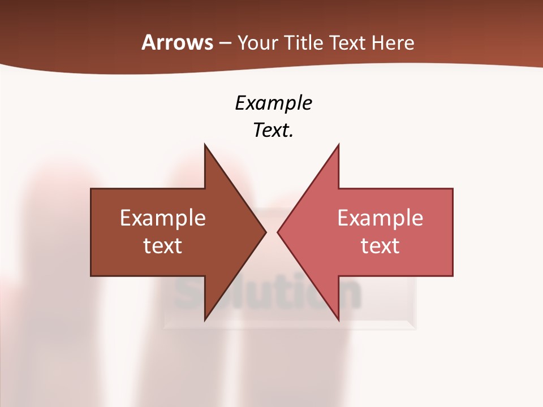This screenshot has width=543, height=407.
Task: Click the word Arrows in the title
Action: pyautogui.click(x=176, y=42)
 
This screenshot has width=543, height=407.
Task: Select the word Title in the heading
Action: pyautogui.click(x=304, y=43)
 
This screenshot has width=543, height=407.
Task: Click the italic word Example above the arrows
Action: pyautogui.click(x=273, y=103)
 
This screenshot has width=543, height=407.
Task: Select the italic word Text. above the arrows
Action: pyautogui.click(x=273, y=131)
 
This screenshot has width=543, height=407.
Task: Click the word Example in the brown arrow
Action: pyautogui.click(x=163, y=218)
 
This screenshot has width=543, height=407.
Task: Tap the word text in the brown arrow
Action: pyautogui.click(x=163, y=245)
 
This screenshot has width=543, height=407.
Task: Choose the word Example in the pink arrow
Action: pyautogui.click(x=380, y=218)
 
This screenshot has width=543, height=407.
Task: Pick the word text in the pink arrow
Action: pyautogui.click(x=380, y=245)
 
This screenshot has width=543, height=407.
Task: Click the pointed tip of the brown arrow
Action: pyautogui.click(x=266, y=232)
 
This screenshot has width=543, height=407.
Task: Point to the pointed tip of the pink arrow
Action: pyautogui.click(x=277, y=232)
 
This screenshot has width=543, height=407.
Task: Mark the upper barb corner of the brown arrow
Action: pyautogui.click(x=205, y=145)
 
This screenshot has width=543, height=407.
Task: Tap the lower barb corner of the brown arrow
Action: pyautogui.click(x=205, y=320)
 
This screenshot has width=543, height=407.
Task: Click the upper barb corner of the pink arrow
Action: pyautogui.click(x=338, y=145)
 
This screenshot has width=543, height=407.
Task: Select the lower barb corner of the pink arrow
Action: pyautogui.click(x=338, y=320)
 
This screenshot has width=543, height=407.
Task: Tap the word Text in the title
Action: pyautogui.click(x=347, y=43)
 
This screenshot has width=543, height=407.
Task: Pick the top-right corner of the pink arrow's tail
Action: pyautogui.click(x=453, y=189)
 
